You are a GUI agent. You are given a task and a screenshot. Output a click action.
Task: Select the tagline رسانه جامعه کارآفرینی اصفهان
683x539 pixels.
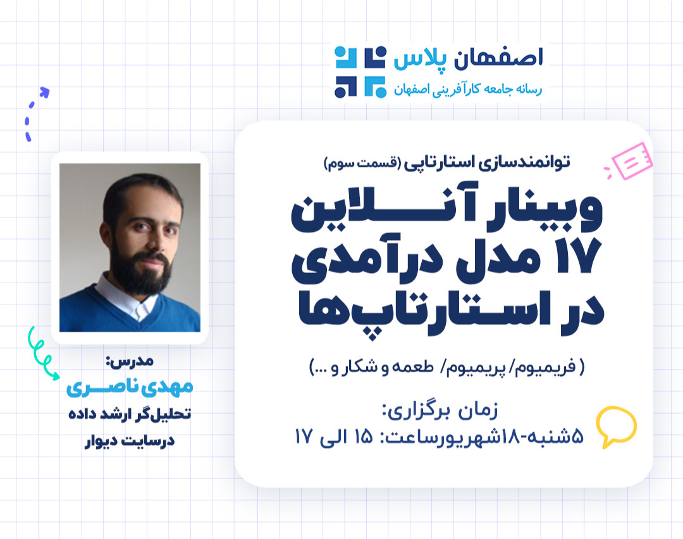coord(467,90)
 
